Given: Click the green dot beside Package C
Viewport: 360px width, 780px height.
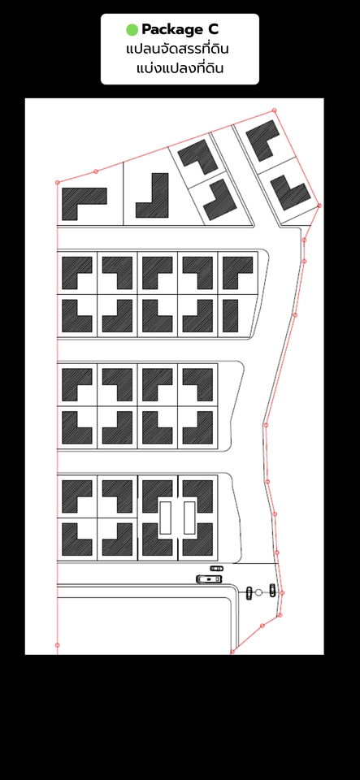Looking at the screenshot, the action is click(x=132, y=30).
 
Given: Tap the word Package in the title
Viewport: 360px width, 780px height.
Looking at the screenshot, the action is click(x=170, y=30).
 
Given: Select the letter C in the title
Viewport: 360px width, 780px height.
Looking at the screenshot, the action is click(x=212, y=29).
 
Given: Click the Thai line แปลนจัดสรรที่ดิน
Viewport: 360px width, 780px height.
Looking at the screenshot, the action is click(x=177, y=50).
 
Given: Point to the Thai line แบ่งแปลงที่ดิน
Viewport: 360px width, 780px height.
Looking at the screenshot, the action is click(x=180, y=67).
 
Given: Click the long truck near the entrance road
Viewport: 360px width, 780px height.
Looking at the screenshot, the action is click(x=210, y=579).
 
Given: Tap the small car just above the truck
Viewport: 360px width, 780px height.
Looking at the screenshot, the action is click(x=217, y=568).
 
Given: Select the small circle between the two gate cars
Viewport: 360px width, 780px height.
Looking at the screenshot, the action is click(x=258, y=592).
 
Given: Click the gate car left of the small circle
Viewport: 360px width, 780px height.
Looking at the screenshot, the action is click(x=249, y=593).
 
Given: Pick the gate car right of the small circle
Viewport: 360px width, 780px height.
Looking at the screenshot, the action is click(x=272, y=590).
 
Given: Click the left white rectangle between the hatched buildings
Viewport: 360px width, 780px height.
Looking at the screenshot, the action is click(x=165, y=518).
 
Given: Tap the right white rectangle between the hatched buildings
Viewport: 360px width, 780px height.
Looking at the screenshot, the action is click(x=189, y=518).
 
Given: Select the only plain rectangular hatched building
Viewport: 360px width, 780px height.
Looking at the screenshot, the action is click(x=230, y=316).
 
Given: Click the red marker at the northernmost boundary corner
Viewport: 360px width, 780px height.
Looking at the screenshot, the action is click(x=274, y=110).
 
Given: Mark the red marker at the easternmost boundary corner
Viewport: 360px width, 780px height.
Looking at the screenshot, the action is click(x=319, y=206).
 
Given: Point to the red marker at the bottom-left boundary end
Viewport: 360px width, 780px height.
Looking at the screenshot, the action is click(x=57, y=645).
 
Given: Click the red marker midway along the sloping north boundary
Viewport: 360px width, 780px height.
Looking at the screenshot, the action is click(x=96, y=171).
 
